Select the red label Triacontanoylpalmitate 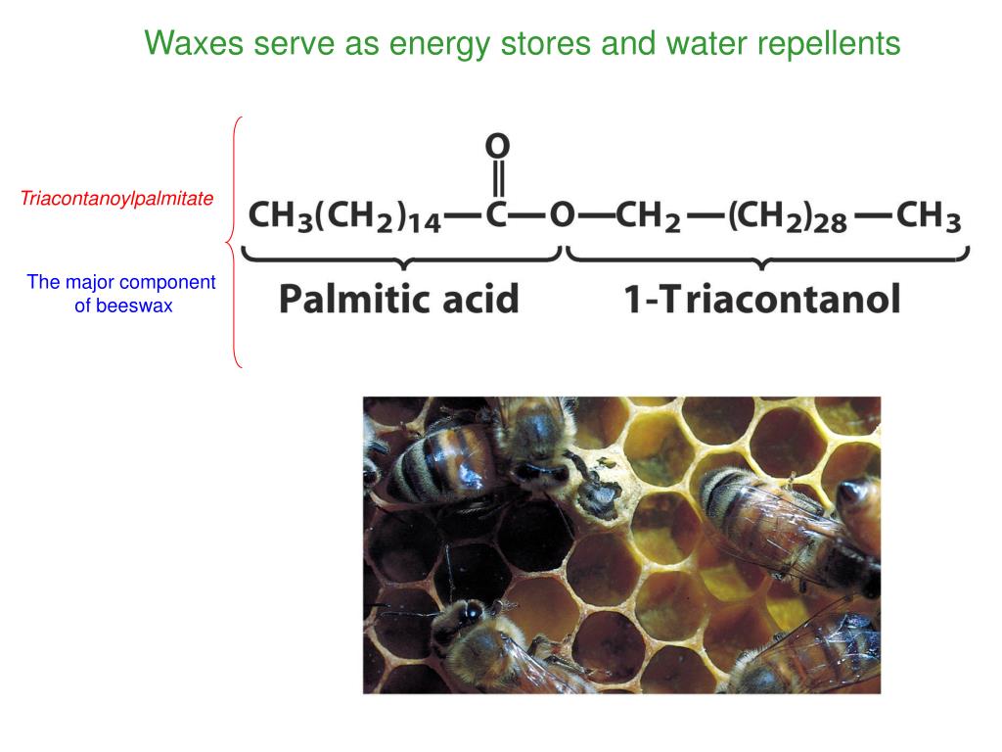[x=117, y=199]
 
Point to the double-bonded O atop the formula [x=498, y=147]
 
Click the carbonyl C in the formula [x=498, y=214]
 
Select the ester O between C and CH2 [x=561, y=214]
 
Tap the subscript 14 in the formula [x=425, y=224]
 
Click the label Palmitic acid [x=398, y=298]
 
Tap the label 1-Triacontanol [x=762, y=298]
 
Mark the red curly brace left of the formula [x=234, y=242]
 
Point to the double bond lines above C [x=498, y=180]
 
